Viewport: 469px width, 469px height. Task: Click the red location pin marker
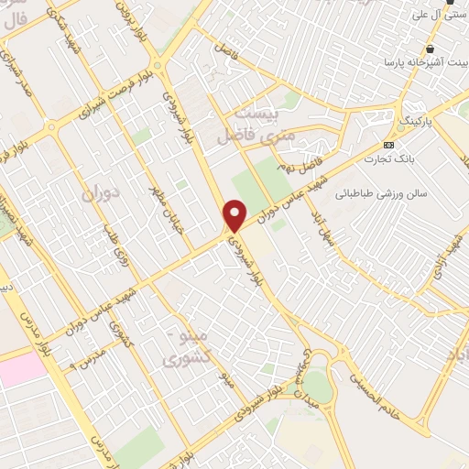pos(235,214)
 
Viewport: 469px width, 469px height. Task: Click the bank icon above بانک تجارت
pos(389,144)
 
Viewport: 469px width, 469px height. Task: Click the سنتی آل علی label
pos(439,15)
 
